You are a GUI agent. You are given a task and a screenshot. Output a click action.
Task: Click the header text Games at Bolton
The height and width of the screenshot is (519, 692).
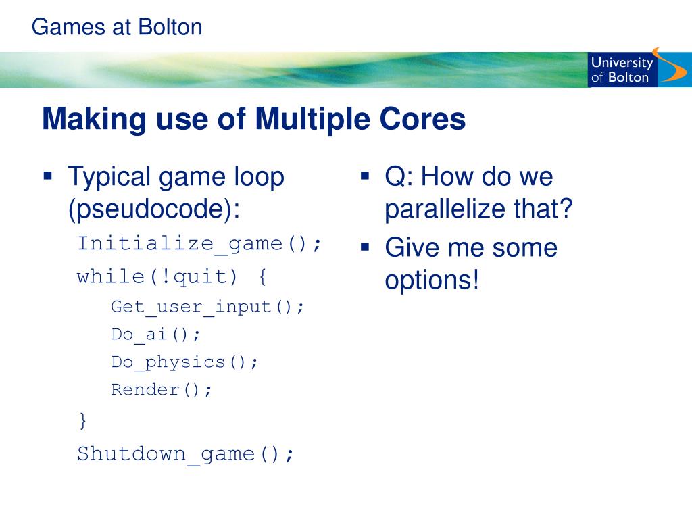[117, 27]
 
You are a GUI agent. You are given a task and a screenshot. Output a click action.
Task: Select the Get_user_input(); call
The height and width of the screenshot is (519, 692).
[208, 307]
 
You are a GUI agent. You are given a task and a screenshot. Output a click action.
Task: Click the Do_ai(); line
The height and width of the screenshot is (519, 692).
[156, 335]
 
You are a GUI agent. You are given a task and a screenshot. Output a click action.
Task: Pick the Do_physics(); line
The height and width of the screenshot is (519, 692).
[185, 362]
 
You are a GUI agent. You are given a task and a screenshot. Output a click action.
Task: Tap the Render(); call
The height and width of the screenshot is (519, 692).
[162, 390]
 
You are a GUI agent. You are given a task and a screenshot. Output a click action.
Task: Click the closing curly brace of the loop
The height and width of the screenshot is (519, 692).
[82, 420]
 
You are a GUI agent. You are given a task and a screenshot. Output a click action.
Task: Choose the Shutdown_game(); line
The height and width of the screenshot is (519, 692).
[186, 453]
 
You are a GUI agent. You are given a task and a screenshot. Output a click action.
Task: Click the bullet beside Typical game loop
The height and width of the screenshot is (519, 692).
[47, 177]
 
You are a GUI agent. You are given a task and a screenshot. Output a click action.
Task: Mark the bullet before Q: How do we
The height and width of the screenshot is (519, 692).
[364, 177]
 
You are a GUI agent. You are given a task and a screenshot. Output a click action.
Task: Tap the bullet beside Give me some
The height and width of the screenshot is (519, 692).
[364, 247]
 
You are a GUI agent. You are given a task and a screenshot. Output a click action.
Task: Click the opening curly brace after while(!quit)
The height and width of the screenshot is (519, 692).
[262, 276]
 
